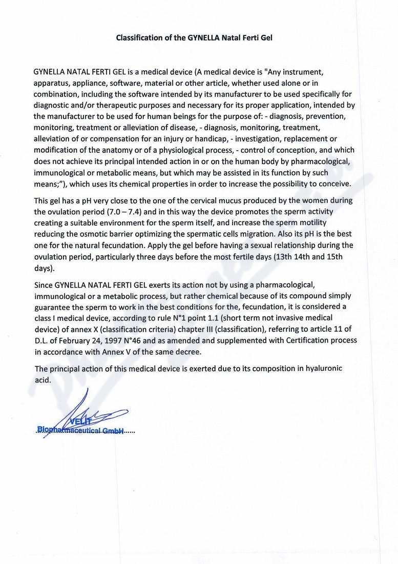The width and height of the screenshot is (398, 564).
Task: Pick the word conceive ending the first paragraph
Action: pos(334,184)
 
